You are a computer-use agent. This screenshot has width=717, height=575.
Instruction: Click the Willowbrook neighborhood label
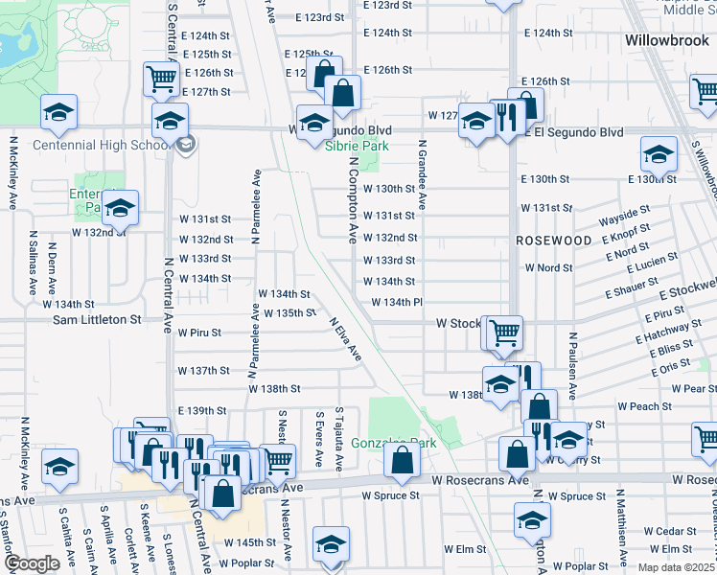click(x=665, y=42)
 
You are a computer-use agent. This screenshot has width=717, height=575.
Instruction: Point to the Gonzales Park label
click(x=393, y=443)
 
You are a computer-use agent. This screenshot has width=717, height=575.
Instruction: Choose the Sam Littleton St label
click(x=97, y=319)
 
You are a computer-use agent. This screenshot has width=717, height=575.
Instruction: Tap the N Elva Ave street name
click(x=345, y=340)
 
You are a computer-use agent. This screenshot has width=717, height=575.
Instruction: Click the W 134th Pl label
click(x=397, y=303)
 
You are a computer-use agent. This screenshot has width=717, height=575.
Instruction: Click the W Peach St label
click(x=651, y=406)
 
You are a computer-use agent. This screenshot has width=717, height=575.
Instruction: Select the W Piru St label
click(x=199, y=333)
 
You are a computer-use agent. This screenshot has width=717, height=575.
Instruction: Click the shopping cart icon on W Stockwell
click(x=504, y=333)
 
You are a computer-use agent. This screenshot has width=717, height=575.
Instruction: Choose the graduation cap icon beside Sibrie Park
click(x=313, y=123)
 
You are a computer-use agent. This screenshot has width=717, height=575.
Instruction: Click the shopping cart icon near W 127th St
click(x=161, y=78)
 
